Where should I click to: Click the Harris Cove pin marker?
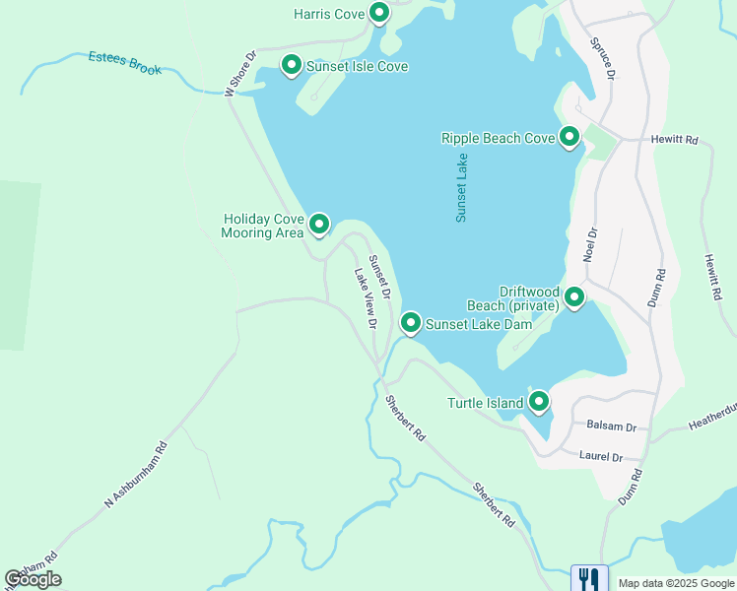[379, 13]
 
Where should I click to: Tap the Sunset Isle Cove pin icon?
[292, 65]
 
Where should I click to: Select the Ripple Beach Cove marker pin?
[569, 137]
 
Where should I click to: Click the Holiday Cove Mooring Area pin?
[319, 225]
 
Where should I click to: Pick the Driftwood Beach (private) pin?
[573, 295]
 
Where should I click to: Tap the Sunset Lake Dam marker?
[411, 322]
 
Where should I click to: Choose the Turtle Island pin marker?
[538, 401]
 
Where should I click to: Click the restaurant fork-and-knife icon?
[589, 577]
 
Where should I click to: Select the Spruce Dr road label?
[603, 59]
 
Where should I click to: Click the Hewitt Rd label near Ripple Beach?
[675, 141]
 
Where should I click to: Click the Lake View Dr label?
[365, 295]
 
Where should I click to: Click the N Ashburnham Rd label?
[137, 472]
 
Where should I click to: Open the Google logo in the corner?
[33, 579]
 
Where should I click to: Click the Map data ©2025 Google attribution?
[676, 583]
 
